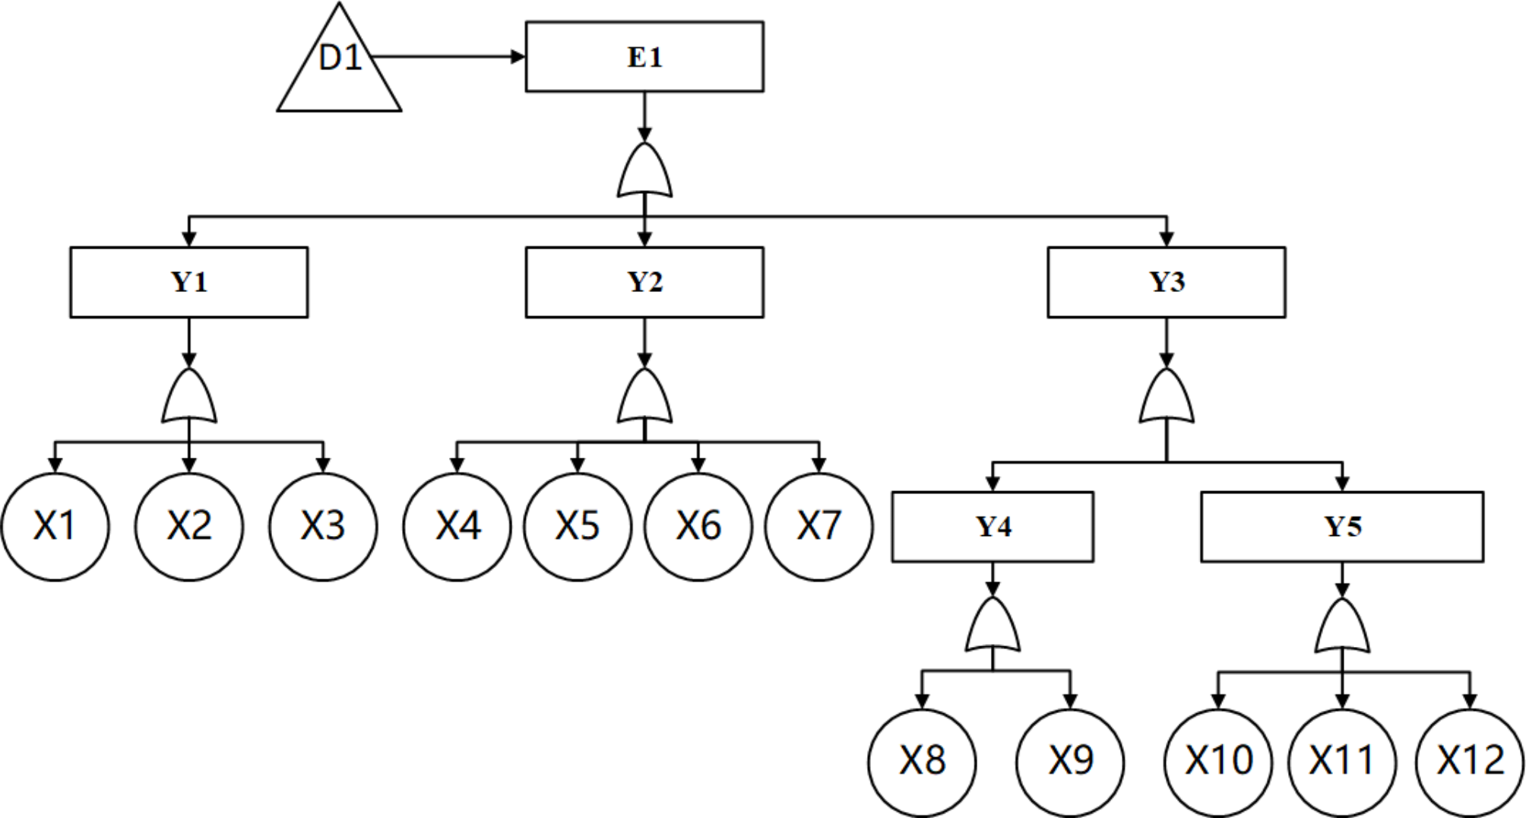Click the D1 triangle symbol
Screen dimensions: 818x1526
(x=339, y=68)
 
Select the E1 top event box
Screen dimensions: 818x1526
(x=644, y=57)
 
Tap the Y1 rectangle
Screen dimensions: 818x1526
(x=189, y=282)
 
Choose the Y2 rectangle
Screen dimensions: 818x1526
(x=644, y=282)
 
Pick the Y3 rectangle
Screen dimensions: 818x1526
(x=1167, y=282)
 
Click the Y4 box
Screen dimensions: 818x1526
(x=993, y=527)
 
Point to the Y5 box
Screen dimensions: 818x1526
(x=1342, y=527)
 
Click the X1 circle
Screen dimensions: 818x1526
(x=55, y=527)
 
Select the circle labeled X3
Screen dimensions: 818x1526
(x=323, y=527)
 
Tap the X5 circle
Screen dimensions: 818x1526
(x=578, y=527)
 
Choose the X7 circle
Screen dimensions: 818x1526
(x=818, y=527)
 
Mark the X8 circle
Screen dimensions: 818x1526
(x=922, y=762)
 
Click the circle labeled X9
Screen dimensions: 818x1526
(x=1070, y=762)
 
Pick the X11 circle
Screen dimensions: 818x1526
(x=1342, y=762)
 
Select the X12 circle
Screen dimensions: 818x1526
(x=1470, y=762)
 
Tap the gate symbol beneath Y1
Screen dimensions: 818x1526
(x=189, y=398)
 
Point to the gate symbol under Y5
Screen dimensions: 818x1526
(x=1342, y=627)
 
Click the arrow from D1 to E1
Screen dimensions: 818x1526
(x=448, y=57)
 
